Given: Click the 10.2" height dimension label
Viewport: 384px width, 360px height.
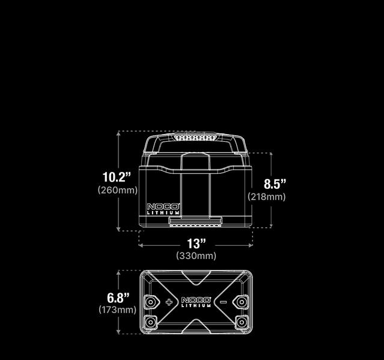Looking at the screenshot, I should (x=117, y=177).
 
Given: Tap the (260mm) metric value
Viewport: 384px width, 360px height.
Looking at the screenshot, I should (x=117, y=190).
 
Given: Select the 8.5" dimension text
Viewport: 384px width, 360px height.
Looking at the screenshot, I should (x=275, y=184).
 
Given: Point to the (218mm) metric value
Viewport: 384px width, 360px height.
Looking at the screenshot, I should (x=267, y=197).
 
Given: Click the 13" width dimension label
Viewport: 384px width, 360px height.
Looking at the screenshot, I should (x=196, y=244).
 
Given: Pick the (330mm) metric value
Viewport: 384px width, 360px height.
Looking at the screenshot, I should (x=196, y=256).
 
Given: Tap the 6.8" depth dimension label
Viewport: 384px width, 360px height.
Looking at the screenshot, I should (x=118, y=297).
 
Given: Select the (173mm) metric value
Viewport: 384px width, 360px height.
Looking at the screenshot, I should (x=117, y=310).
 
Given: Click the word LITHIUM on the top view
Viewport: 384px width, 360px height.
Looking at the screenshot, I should (x=196, y=305).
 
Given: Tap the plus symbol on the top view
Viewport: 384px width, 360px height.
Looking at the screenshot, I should (x=169, y=302).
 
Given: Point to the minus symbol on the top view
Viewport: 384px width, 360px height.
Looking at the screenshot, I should (x=223, y=302).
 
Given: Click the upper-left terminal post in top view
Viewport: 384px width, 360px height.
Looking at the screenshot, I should (x=150, y=301).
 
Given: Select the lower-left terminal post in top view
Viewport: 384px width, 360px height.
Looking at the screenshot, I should (x=150, y=322).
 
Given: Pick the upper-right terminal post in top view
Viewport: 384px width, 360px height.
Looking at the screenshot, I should (x=242, y=301).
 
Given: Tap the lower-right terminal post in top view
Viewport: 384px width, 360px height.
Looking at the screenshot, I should (x=242, y=322).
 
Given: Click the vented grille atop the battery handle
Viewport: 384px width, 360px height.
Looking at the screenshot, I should (x=195, y=138).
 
